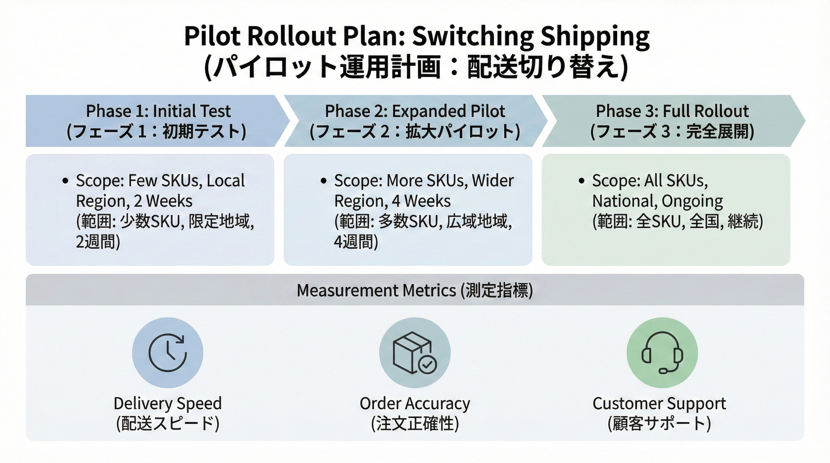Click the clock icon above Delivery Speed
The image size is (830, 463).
[x=168, y=353]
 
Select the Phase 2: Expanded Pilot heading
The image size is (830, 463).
[x=415, y=111]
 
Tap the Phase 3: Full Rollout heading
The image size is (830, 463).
[x=672, y=111]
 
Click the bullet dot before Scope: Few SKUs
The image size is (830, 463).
[x=66, y=181]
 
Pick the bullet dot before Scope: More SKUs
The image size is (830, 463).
[x=324, y=181]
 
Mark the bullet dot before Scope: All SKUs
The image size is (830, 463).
[x=581, y=181]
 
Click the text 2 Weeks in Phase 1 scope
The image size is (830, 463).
[x=163, y=201]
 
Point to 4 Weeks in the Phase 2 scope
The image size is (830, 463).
[x=421, y=201]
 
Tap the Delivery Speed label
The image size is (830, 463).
[x=168, y=403]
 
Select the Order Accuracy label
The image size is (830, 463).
[x=415, y=403]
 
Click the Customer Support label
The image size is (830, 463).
[x=659, y=403]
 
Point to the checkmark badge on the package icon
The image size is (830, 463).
[x=427, y=365]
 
